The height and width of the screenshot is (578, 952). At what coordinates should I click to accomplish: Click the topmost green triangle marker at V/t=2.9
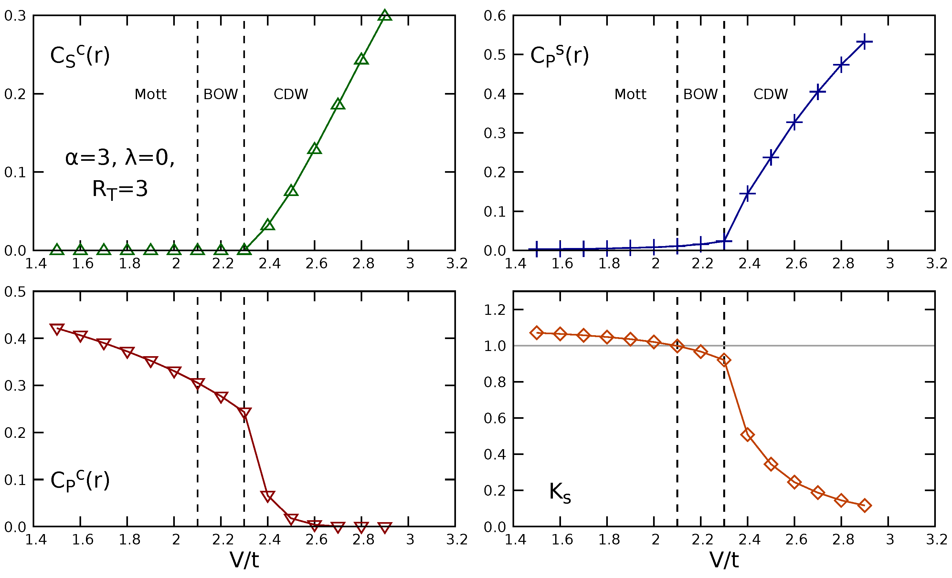(385, 16)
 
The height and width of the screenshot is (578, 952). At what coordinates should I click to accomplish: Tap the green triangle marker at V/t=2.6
(314, 149)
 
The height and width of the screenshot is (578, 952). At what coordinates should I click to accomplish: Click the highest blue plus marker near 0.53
(864, 41)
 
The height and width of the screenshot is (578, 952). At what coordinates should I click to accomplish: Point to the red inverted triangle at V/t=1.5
(57, 329)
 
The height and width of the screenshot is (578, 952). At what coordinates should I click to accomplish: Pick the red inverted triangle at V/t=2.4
(268, 495)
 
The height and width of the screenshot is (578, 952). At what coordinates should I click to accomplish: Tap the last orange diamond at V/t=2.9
(864, 505)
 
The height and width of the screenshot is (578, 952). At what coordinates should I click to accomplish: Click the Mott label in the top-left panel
(150, 94)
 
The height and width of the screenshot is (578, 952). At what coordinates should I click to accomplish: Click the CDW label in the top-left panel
(291, 94)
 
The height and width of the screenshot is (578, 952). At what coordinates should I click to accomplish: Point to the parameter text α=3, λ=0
(120, 158)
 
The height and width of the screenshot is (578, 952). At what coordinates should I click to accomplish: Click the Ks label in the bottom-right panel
(559, 493)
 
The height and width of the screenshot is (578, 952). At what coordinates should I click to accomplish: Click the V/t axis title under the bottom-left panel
(244, 560)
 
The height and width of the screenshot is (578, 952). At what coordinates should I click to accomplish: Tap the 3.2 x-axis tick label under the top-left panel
(457, 264)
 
